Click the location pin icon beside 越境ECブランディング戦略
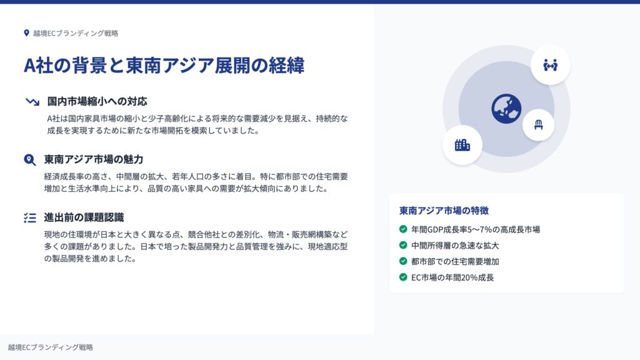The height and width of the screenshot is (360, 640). point(26,33)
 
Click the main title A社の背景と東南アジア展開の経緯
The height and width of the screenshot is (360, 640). point(164,65)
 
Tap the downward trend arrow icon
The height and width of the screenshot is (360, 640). point(32,101)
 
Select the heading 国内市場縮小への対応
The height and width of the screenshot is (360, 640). point(97,101)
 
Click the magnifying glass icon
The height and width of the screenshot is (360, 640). point(30,159)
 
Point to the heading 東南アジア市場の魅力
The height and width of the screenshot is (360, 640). point(94,159)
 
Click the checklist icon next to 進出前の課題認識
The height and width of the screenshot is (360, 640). point(30,217)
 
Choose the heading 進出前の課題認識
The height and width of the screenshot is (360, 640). point(84,217)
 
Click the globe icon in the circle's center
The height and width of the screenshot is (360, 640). point(506,109)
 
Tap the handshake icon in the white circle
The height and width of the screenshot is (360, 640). point(550,65)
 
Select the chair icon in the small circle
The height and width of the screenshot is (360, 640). point(538,125)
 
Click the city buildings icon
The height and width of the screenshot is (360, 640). point(462,145)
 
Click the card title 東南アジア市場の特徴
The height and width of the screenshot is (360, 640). point(444,211)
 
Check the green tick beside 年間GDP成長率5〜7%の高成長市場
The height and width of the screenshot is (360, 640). point(403,229)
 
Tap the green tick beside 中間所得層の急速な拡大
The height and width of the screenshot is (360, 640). point(403,245)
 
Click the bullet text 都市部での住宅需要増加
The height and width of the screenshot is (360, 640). point(455,261)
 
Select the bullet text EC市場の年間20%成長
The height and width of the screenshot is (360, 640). point(452,277)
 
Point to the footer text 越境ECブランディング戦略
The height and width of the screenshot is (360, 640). point(51,347)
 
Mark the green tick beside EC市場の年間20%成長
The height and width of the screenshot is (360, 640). point(403,277)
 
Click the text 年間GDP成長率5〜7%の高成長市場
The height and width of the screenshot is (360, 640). point(476,229)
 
